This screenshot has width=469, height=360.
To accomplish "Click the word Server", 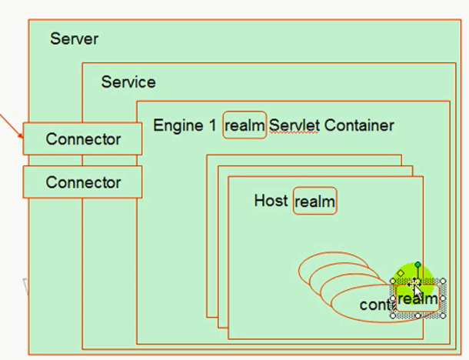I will tap(75, 38).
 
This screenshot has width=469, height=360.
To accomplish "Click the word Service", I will tap(128, 82).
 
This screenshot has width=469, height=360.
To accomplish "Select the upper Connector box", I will tap(83, 139).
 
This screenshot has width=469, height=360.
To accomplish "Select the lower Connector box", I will tap(83, 182).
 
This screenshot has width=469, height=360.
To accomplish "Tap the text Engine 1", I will tap(185, 125).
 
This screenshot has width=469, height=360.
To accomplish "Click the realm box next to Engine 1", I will tap(244, 125).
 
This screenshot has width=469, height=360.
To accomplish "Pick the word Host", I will tap(271, 201).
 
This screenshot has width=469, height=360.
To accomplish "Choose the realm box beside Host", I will tap(315, 202).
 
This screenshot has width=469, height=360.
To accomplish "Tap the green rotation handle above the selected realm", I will tap(417, 265).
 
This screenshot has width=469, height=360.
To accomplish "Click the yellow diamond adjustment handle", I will tap(401, 273).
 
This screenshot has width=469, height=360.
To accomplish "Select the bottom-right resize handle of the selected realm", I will tap(443, 315).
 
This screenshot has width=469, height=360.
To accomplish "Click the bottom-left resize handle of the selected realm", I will tap(394, 315).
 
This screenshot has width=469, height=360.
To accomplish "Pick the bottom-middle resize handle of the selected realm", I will tap(418, 315).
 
